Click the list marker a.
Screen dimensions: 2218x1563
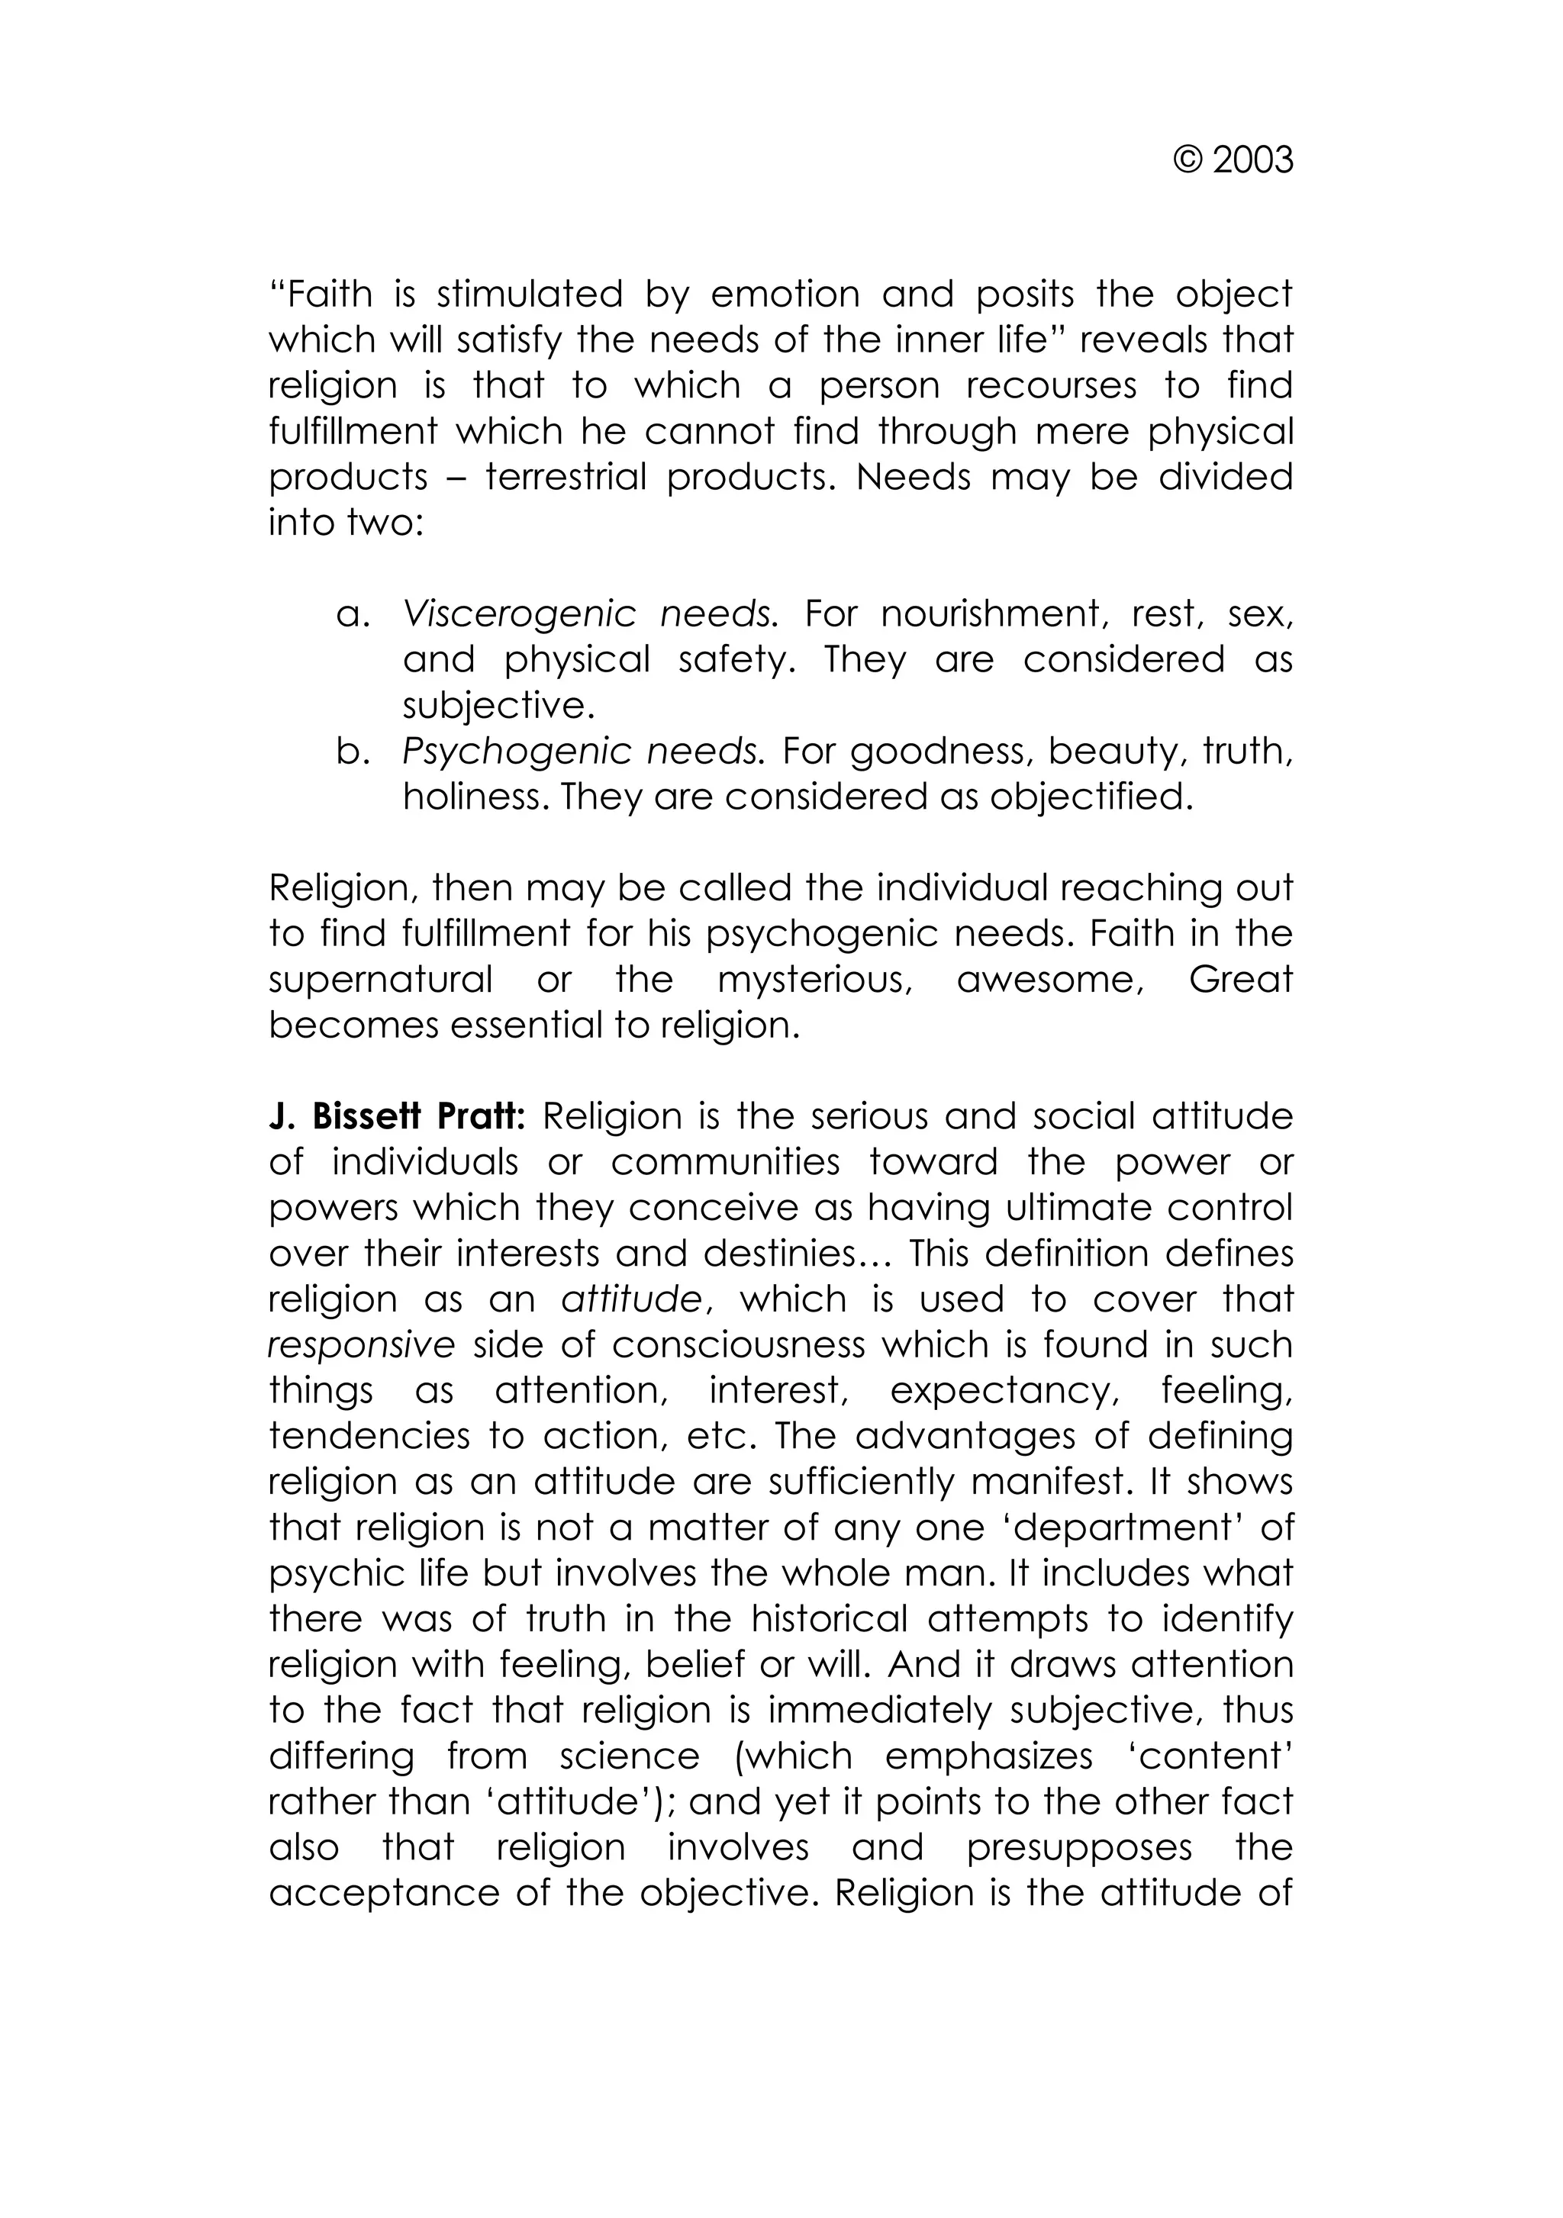[353, 614]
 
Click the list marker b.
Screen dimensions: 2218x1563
[353, 752]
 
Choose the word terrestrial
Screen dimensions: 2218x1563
[565, 477]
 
